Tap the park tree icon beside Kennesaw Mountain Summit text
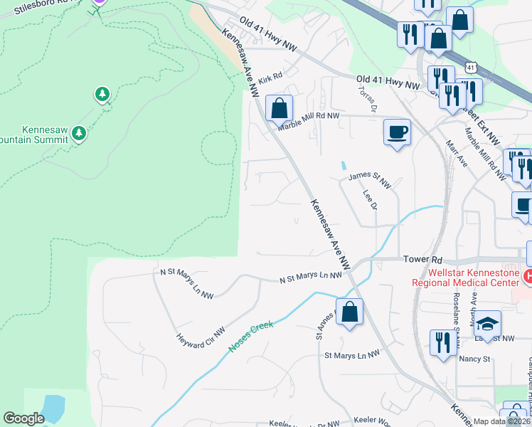click(x=79, y=132)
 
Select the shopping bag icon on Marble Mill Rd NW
click(x=280, y=109)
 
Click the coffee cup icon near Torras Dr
click(x=397, y=132)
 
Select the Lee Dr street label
click(x=369, y=199)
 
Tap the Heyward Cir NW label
click(x=201, y=332)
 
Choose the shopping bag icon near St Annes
click(x=349, y=312)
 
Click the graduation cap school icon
click(x=486, y=324)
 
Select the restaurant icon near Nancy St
click(x=443, y=343)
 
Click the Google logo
click(x=23, y=418)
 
